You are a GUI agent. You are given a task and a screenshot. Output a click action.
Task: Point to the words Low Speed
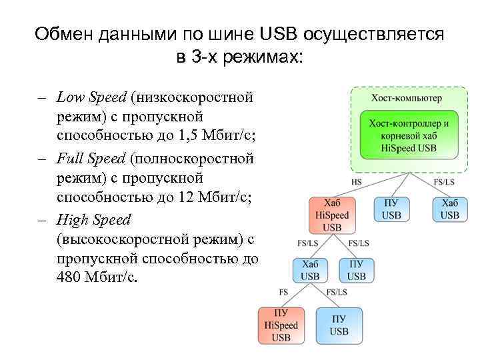[91, 98]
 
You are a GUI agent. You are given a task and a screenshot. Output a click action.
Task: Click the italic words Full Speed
[91, 159]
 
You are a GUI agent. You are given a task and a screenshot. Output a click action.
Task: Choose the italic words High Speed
[94, 219]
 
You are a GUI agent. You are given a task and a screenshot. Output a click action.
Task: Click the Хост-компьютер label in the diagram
[406, 98]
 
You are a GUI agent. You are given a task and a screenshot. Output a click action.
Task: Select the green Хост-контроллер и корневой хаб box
[408, 135]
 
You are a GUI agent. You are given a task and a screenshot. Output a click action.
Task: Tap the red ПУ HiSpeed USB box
[281, 325]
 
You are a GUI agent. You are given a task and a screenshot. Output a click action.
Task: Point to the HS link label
[357, 181]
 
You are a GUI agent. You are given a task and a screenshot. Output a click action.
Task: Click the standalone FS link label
[283, 292]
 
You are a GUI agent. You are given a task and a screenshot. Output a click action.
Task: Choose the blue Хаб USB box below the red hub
[309, 270]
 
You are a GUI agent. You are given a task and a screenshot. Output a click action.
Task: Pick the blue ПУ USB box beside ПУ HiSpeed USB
[338, 325]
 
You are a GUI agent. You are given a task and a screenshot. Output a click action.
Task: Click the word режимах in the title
[263, 57]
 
